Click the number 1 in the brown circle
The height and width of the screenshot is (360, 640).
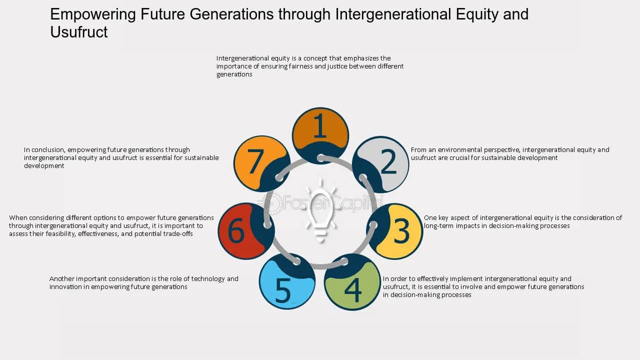pos(320,127)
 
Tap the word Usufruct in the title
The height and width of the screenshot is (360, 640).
pos(79,32)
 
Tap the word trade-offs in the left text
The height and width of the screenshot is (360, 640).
pos(176,234)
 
